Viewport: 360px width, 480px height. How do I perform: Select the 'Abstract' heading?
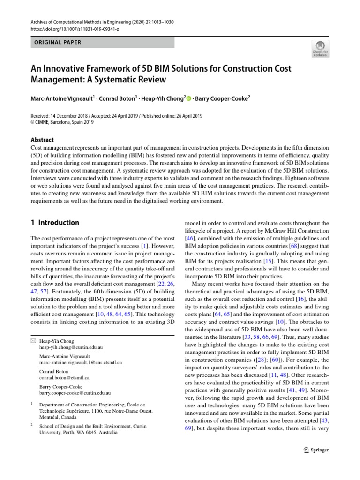pyautogui.click(x=42, y=140)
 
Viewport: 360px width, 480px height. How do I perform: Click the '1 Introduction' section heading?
pyautogui.click(x=55, y=223)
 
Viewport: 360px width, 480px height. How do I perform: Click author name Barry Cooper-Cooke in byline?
pyautogui.click(x=222, y=98)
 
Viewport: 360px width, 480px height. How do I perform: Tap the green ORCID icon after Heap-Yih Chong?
pyautogui.click(x=189, y=98)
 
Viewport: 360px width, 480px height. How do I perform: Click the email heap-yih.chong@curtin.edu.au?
pyautogui.click(x=71, y=348)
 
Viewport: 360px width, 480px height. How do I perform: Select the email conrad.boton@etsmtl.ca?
pyautogui.click(x=64, y=377)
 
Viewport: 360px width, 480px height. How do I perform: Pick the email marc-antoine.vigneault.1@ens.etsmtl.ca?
pyautogui.click(x=81, y=362)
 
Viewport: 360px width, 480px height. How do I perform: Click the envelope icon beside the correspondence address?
pyautogui.click(x=33, y=341)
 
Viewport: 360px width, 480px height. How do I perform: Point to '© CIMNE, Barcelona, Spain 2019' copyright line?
pyautogui.click(x=62, y=123)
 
